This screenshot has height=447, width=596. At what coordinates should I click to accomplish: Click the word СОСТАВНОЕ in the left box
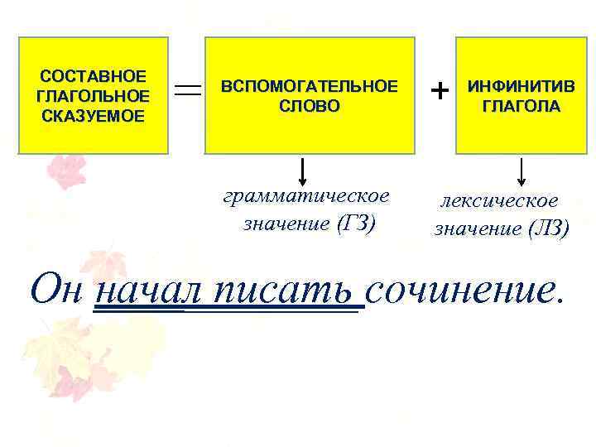94,76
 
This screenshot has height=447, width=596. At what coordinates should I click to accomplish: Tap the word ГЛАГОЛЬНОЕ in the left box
94,95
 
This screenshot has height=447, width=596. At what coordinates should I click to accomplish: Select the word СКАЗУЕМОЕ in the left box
94,114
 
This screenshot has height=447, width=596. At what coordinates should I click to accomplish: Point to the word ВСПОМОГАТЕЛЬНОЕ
309,86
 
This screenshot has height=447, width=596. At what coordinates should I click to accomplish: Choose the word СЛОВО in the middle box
310,106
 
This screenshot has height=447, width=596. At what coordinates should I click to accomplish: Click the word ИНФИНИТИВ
521,87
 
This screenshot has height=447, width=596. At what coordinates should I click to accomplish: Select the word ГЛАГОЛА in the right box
521,106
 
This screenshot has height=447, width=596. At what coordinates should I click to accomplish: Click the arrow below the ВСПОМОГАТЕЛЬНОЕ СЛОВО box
304,171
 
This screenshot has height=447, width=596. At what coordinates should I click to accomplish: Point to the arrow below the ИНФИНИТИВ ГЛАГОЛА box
521,171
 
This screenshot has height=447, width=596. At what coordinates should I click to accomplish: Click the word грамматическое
306,197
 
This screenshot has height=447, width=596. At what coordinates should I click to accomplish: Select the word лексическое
499,202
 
